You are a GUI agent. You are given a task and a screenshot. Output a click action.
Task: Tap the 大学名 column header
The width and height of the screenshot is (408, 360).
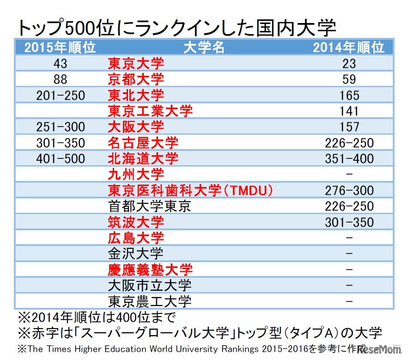204,48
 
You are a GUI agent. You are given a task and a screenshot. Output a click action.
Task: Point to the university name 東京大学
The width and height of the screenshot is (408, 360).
136,63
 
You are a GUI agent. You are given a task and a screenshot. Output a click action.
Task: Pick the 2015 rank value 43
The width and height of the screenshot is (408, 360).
61,64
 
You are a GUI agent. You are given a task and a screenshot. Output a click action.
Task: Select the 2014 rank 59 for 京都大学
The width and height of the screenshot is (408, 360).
349,79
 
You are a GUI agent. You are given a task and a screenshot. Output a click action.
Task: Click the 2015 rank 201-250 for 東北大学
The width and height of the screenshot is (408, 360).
61,96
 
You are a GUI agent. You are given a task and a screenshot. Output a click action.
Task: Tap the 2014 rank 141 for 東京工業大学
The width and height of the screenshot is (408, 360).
349,111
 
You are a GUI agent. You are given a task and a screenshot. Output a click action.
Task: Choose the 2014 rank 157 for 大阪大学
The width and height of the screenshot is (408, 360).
349,127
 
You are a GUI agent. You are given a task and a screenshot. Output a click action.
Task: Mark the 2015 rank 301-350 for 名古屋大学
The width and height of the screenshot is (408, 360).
61,143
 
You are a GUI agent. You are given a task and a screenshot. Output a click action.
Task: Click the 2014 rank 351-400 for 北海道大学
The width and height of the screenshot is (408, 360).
349,159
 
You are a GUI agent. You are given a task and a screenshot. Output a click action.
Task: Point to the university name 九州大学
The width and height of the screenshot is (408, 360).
136,174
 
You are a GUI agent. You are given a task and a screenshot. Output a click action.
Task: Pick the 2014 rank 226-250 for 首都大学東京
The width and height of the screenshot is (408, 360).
349,206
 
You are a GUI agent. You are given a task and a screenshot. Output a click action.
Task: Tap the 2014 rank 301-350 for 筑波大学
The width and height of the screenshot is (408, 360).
349,222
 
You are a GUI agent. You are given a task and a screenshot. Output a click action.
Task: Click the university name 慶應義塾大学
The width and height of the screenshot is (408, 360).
150,270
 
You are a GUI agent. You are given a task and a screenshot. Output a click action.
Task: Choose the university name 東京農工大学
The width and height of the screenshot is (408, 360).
150,301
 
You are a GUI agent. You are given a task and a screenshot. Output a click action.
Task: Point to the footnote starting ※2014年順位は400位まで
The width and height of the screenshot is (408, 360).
97,318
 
